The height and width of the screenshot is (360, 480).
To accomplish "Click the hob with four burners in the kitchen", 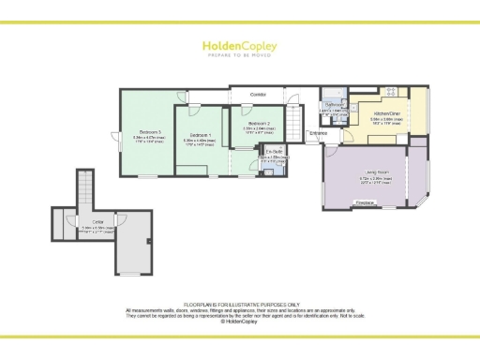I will point(391,93).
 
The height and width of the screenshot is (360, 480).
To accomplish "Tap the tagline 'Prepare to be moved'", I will point(239,54).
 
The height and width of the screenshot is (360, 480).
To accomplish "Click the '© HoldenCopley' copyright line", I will point(240,321).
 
